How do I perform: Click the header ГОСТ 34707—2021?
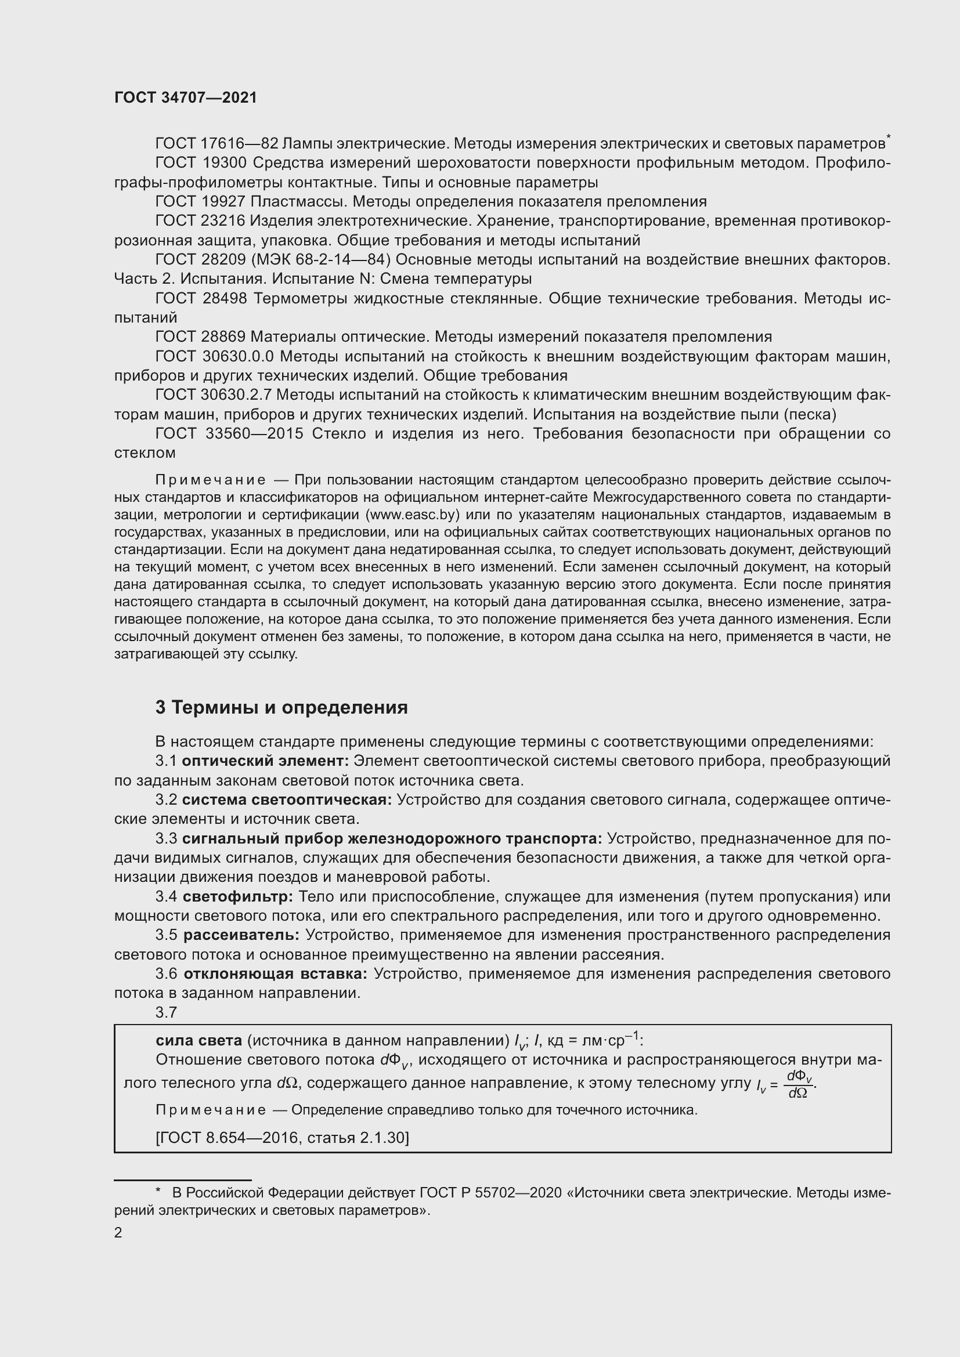tap(186, 98)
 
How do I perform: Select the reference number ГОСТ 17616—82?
tap(216, 144)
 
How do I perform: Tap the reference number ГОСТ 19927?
tap(200, 201)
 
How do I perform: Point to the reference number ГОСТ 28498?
tap(201, 298)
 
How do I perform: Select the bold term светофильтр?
tap(237, 896)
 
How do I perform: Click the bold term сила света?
tap(199, 1040)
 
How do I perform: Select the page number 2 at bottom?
tap(118, 1233)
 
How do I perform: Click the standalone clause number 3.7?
tap(166, 1012)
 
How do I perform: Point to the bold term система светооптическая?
tap(287, 799)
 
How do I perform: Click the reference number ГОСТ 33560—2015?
tap(229, 434)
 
